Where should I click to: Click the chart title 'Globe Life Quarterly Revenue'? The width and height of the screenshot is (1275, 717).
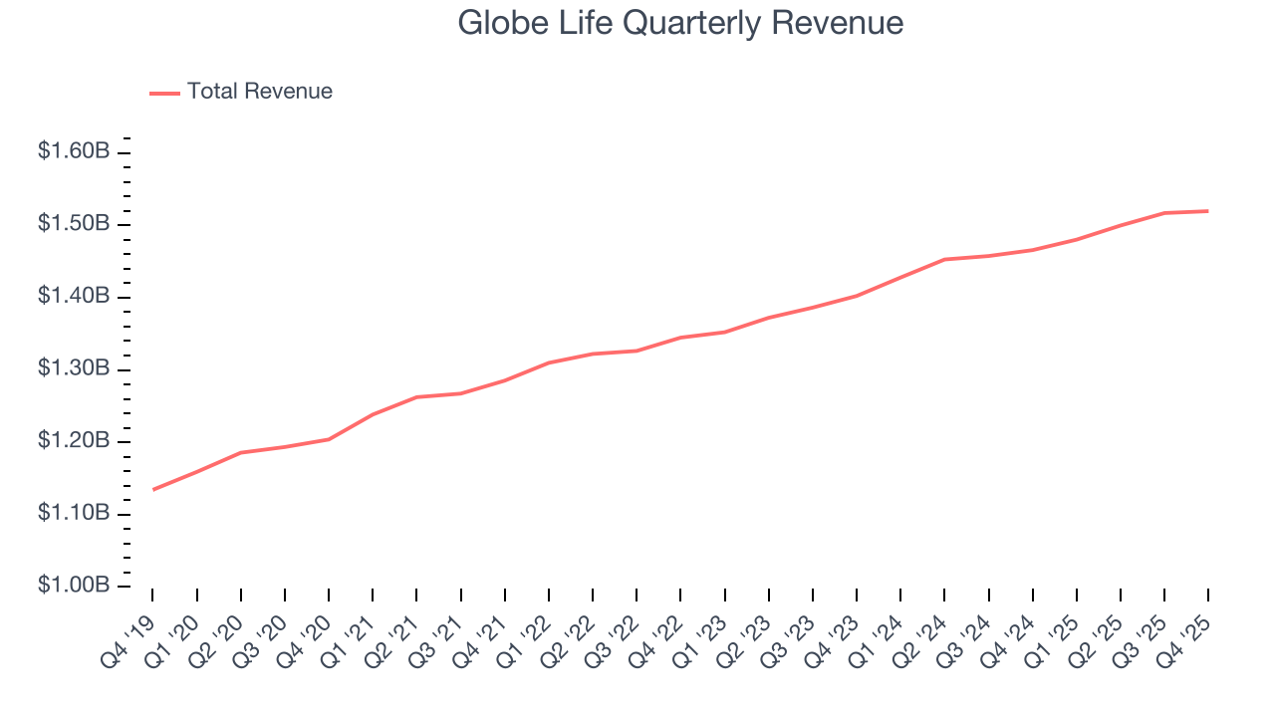coord(680,23)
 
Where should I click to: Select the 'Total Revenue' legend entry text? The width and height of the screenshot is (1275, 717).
coord(259,92)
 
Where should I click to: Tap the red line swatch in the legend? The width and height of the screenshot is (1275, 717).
coord(164,93)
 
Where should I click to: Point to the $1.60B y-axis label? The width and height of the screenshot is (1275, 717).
coord(73,151)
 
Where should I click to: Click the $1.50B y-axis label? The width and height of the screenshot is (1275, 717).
coord(73,224)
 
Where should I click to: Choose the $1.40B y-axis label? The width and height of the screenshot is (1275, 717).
coord(73,297)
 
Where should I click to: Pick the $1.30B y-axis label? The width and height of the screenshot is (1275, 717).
coord(73,368)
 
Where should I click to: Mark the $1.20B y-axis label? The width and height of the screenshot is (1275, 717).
coord(73,441)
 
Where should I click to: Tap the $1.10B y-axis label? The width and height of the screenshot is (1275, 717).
coord(73,513)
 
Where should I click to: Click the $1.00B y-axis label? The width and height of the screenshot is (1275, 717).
coord(73,586)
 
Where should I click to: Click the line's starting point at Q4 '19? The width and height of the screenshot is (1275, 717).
coord(153,489)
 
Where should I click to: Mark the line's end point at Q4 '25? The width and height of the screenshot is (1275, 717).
coord(1208,211)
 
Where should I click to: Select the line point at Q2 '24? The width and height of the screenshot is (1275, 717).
coord(944,259)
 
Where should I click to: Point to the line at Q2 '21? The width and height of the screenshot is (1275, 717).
coord(416,397)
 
